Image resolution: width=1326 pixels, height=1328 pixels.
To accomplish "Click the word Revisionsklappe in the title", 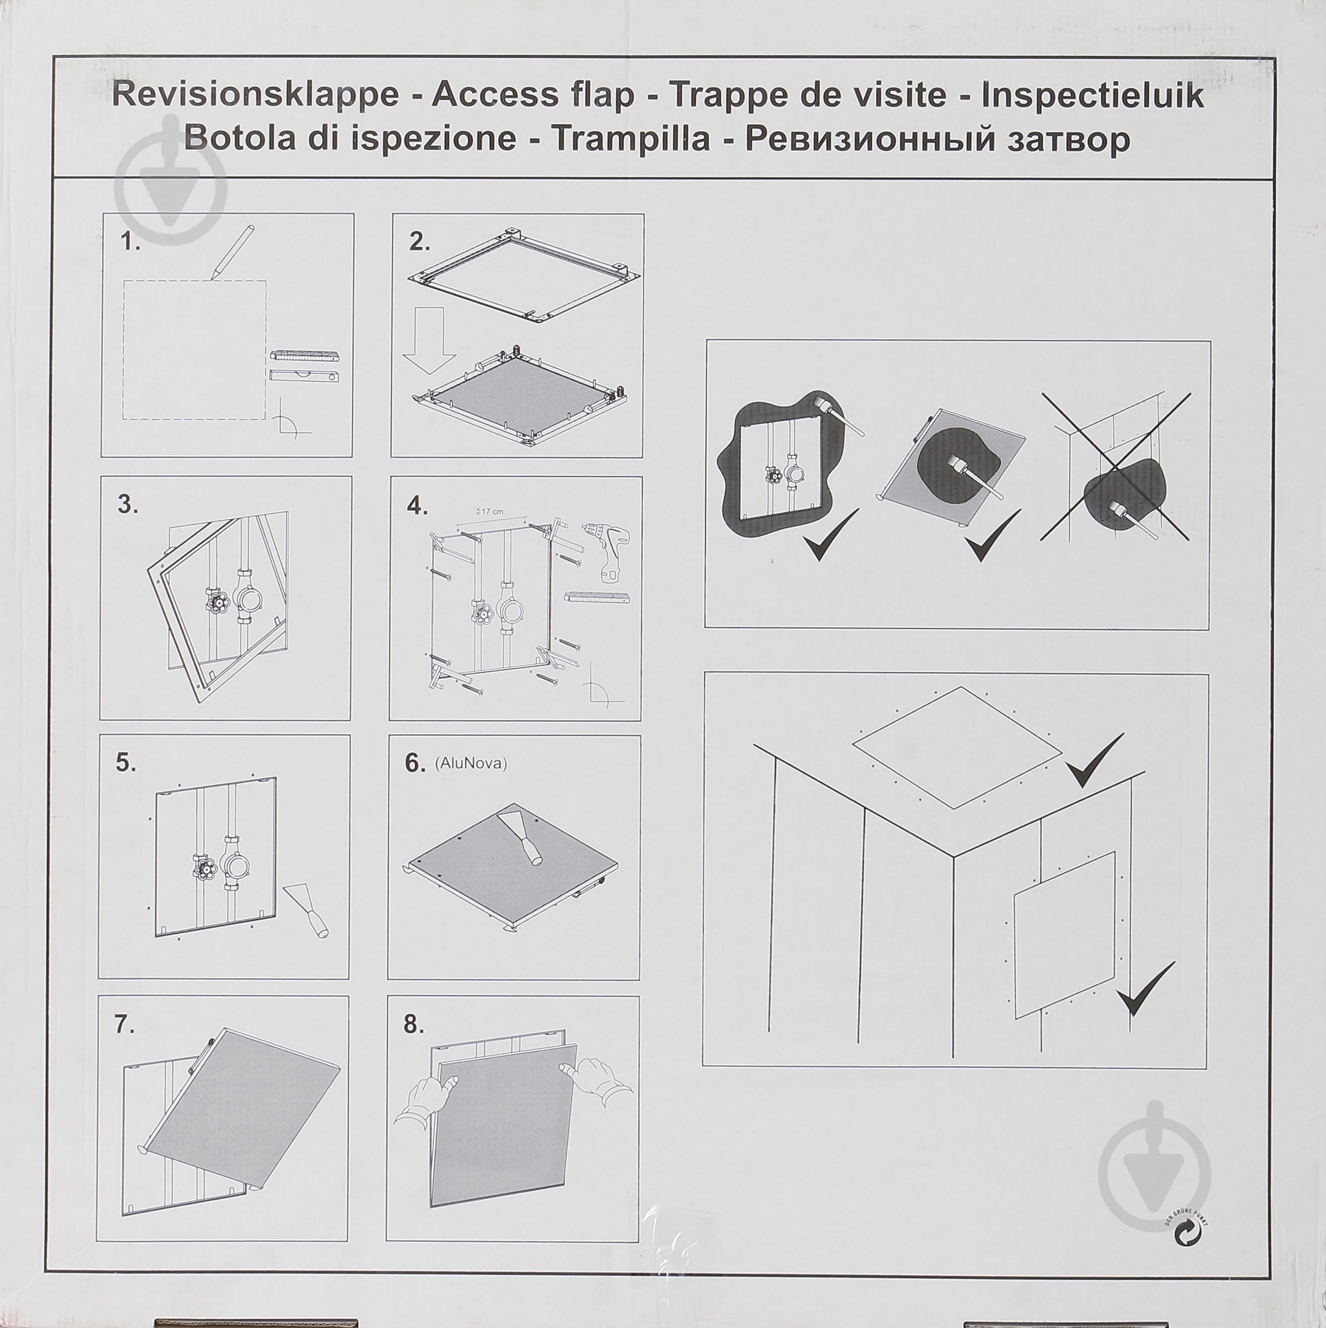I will pos(254,95).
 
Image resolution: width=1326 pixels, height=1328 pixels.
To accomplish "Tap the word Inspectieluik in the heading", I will pos(1092,95).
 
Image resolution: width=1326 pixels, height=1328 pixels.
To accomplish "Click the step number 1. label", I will pos(130,242).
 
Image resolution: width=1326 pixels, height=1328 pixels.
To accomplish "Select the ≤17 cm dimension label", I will pos(490,512).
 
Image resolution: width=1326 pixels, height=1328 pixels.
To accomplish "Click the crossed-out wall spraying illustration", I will pos(1114,467).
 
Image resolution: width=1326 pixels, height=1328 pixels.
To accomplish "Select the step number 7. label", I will pos(124,1025).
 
